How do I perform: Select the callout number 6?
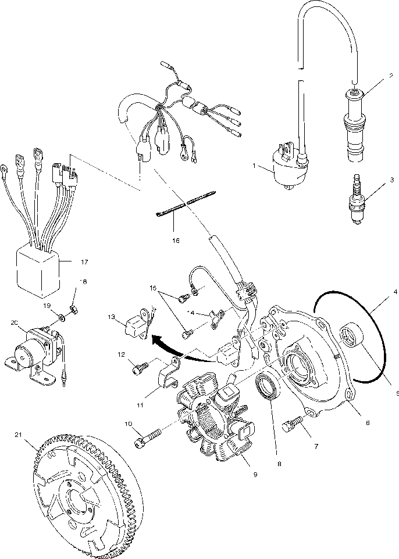click(368, 423)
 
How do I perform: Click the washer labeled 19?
click(61, 317)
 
